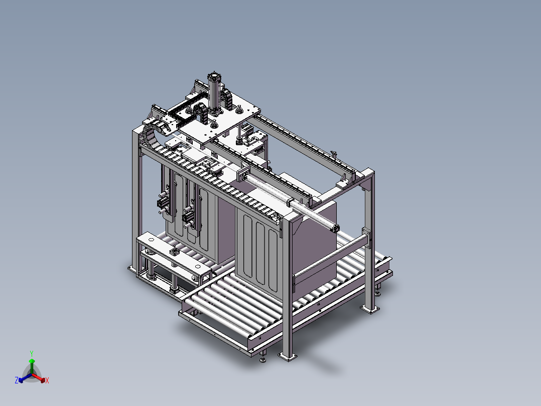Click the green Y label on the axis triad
coord(32,353)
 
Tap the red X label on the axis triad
coord(47,381)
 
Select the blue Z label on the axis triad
coord(17,380)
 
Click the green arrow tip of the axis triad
coord(32,360)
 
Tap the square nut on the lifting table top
coord(174,251)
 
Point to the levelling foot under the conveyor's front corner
coord(262,359)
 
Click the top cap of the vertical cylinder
coord(215,75)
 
